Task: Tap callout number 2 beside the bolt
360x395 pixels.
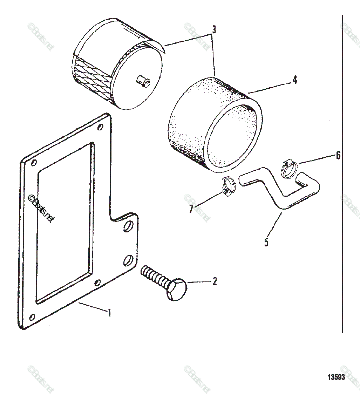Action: click(x=215, y=281)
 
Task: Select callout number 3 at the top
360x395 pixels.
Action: click(x=213, y=30)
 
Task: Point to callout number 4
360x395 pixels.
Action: click(x=295, y=80)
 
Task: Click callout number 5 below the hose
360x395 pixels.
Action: click(x=266, y=242)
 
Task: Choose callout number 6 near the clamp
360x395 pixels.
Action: click(x=338, y=155)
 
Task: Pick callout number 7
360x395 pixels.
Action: click(x=191, y=209)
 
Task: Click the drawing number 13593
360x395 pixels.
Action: click(x=336, y=377)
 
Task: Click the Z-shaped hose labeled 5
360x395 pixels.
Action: click(x=277, y=191)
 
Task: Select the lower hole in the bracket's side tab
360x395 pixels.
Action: click(x=128, y=260)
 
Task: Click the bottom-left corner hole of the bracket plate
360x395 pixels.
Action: click(x=32, y=317)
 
